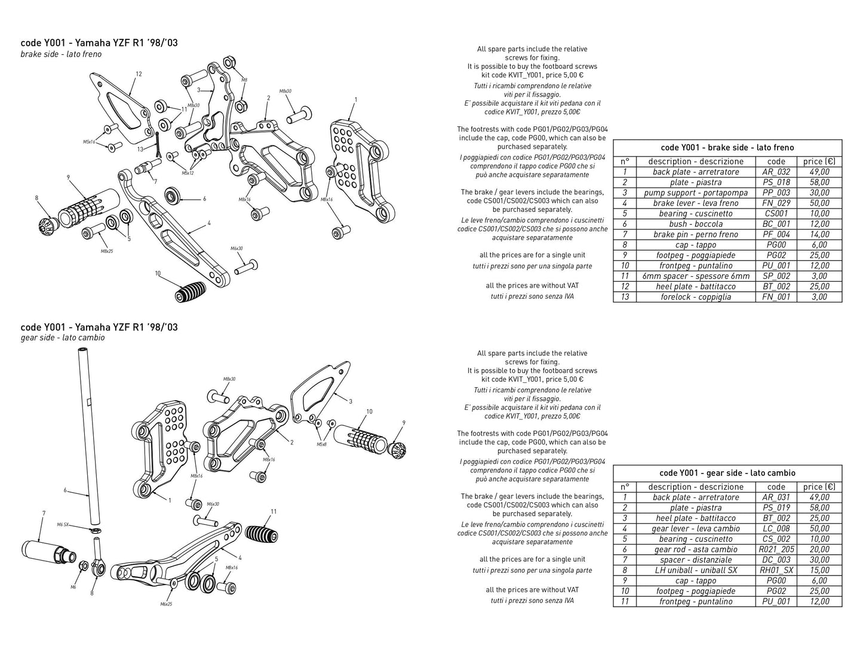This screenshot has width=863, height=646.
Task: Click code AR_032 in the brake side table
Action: [x=776, y=172]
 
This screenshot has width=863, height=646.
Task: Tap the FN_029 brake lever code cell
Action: [x=776, y=203]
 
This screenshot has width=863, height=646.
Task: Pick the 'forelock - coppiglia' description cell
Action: [x=695, y=297]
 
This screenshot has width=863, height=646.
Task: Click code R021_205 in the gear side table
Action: [x=776, y=549]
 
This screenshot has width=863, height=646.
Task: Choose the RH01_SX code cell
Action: [x=776, y=570]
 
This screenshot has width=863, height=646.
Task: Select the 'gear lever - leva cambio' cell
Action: [x=695, y=528]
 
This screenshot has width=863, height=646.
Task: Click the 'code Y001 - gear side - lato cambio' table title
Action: [x=727, y=472]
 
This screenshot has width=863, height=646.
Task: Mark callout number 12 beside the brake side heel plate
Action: [x=139, y=75]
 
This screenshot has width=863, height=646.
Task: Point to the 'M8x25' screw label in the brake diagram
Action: [x=106, y=251]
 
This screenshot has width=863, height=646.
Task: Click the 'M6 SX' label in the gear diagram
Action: [x=63, y=524]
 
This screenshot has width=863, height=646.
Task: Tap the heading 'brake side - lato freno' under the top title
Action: [x=61, y=54]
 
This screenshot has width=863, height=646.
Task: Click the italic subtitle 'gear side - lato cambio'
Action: [x=63, y=338]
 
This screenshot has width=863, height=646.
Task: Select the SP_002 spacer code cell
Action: [x=776, y=276]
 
